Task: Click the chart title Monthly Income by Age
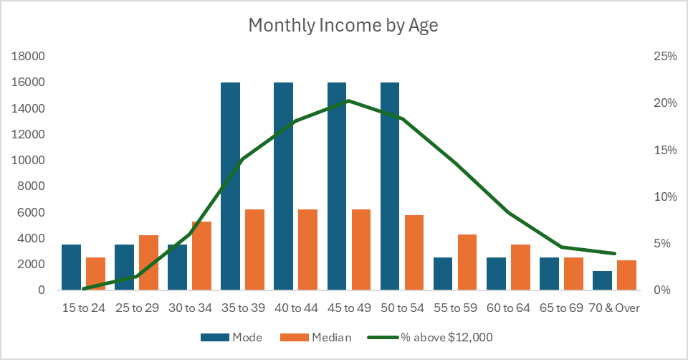coord(343,25)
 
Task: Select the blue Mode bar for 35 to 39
coord(230,186)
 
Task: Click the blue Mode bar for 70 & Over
coord(602,280)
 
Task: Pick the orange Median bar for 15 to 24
coord(96,273)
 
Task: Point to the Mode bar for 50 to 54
coord(389,186)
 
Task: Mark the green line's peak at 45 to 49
coord(348,100)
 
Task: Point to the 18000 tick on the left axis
coord(30,57)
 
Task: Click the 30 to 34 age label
coord(191,308)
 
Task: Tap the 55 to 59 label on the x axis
coord(457,308)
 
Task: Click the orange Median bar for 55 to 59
coord(467,262)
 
